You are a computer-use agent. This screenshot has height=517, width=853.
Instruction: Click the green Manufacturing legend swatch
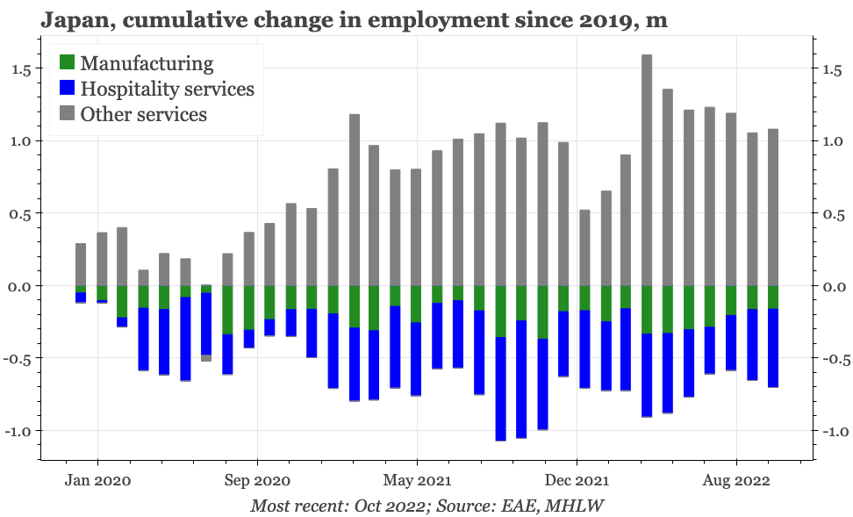coord(67,63)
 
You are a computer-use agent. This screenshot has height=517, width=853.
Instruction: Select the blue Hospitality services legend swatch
coord(67,89)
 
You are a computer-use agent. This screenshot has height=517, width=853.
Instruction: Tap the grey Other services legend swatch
coord(67,114)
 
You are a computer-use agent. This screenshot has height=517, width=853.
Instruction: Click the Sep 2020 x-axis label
coord(257,480)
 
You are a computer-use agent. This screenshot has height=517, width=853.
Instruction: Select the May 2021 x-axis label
coord(417,480)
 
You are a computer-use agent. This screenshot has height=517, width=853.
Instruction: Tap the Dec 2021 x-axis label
coord(577,480)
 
